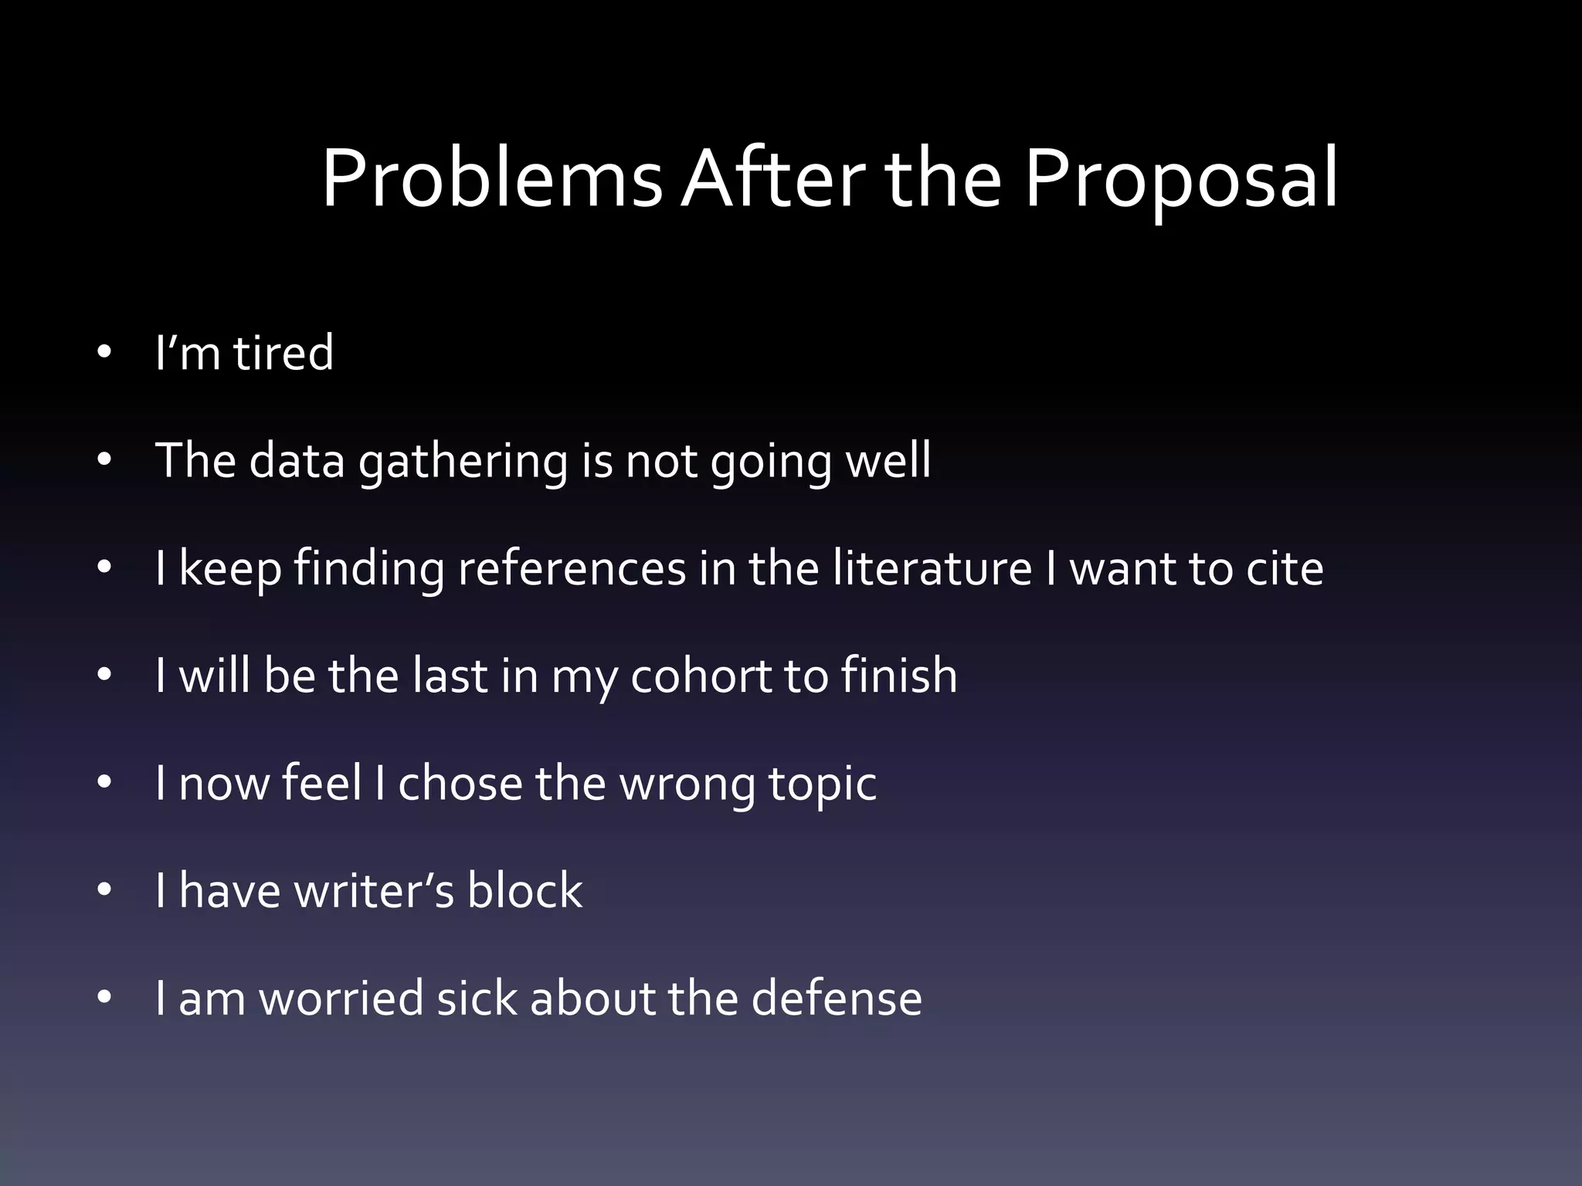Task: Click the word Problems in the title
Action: click(491, 179)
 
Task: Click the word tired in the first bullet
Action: click(283, 353)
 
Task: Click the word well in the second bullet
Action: click(888, 460)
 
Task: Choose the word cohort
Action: click(700, 676)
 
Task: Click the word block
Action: click(525, 890)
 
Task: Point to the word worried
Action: click(341, 998)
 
